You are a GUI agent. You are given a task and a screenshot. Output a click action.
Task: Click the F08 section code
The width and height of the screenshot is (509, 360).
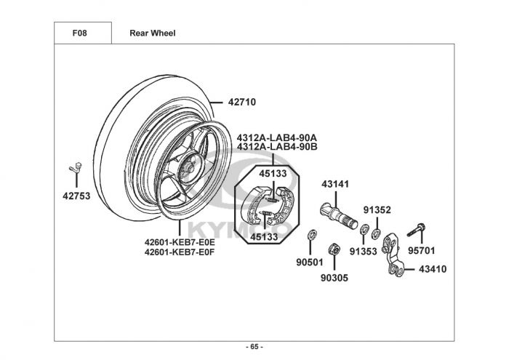pyautogui.click(x=79, y=33)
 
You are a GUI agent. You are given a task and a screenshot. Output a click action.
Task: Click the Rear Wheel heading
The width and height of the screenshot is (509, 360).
pyautogui.click(x=153, y=33)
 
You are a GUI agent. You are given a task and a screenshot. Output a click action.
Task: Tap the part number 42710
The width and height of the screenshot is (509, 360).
pyautogui.click(x=242, y=103)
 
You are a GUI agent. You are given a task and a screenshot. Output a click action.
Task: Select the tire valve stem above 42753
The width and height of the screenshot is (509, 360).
pyautogui.click(x=76, y=168)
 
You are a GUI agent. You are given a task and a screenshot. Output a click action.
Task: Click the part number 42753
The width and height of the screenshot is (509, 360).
pyautogui.click(x=76, y=196)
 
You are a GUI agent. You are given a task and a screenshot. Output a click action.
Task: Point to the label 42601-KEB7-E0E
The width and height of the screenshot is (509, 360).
pyautogui.click(x=180, y=242)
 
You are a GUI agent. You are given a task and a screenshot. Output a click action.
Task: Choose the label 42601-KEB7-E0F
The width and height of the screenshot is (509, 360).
pyautogui.click(x=180, y=252)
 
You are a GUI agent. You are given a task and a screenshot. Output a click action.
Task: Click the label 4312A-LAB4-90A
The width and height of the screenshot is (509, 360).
pyautogui.click(x=277, y=137)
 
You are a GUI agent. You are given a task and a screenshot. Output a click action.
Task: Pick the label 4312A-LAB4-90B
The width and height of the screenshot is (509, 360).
pyautogui.click(x=277, y=147)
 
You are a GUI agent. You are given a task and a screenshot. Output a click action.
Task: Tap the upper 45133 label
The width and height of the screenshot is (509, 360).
pyautogui.click(x=273, y=174)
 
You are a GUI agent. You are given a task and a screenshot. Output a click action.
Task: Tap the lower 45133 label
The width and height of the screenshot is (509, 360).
pyautogui.click(x=264, y=237)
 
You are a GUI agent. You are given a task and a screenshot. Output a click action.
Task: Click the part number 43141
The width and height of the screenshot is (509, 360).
pyautogui.click(x=335, y=184)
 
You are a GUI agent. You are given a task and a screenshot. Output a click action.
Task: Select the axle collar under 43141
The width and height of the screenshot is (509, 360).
pyautogui.click(x=339, y=215)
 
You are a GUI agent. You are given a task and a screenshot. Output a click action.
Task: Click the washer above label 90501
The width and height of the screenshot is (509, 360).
pyautogui.click(x=312, y=235)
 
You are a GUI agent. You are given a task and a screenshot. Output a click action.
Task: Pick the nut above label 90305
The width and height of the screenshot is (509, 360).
pyautogui.click(x=334, y=249)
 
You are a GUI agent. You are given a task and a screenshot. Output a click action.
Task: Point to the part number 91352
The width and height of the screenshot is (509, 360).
pyautogui.click(x=377, y=210)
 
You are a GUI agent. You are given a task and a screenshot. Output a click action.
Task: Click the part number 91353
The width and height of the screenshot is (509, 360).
pyautogui.click(x=364, y=251)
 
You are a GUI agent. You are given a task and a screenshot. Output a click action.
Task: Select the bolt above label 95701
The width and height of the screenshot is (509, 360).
pyautogui.click(x=417, y=230)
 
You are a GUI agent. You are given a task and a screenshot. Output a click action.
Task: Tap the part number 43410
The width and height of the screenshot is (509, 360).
pyautogui.click(x=433, y=269)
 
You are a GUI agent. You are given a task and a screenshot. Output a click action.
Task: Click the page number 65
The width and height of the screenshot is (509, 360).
pyautogui.click(x=254, y=347)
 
